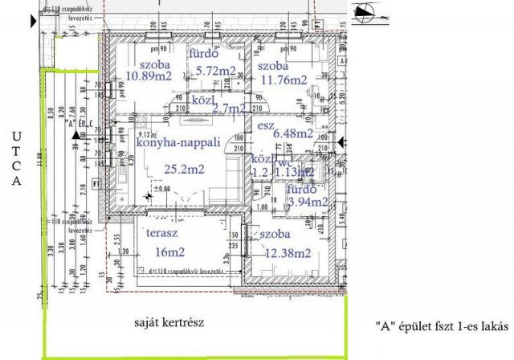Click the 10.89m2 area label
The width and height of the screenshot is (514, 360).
click(149, 76)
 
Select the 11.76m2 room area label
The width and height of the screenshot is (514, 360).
click(283, 80)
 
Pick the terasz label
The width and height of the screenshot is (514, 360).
click(161, 234)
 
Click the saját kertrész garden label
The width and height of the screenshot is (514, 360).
click(171, 323)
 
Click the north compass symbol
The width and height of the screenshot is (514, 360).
click(369, 11)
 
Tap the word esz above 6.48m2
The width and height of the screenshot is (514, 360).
click(266, 126)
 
